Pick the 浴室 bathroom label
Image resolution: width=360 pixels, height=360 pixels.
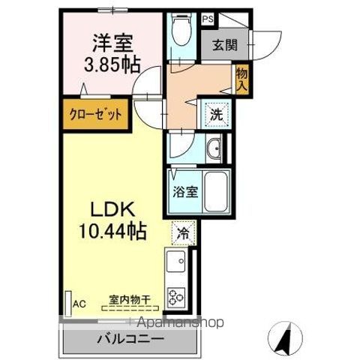tap(183, 190)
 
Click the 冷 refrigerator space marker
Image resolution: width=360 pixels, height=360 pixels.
tap(182, 233)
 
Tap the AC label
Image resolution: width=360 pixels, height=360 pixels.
tap(79, 304)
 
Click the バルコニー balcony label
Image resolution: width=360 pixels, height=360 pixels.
tap(129, 338)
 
